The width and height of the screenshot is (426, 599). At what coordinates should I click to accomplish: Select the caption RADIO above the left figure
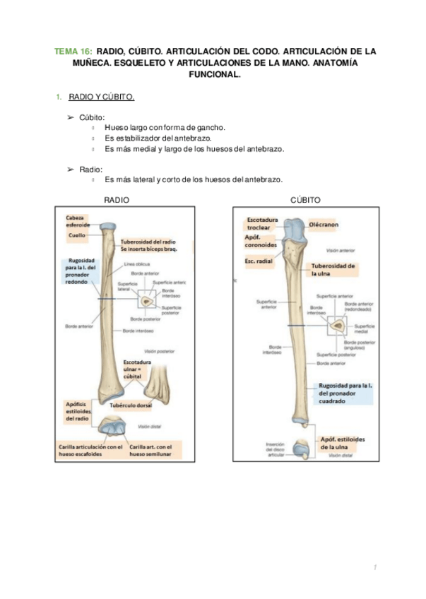point(117,201)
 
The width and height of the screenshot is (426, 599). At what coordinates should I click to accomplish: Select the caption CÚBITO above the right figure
point(306,201)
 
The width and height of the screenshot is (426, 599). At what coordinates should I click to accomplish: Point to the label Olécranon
point(326,223)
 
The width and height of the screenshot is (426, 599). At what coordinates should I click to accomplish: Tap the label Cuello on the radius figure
point(76,234)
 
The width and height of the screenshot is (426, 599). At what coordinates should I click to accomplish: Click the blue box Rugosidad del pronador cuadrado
point(345,391)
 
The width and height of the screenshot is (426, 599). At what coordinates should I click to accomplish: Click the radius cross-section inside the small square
point(147,302)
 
